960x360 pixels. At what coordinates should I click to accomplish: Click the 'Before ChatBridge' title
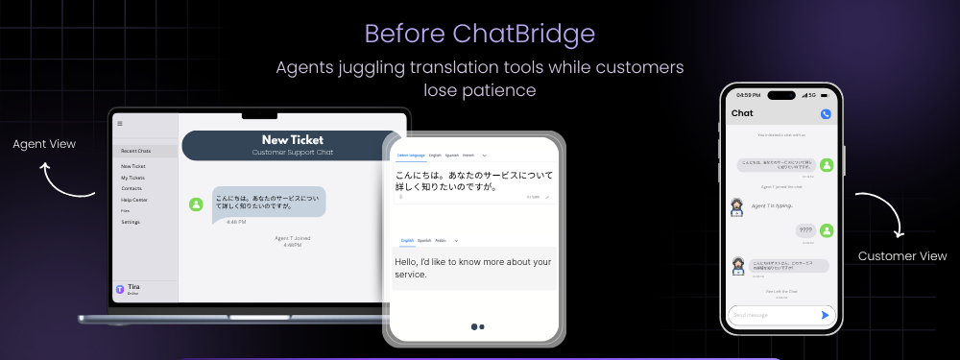click(x=479, y=34)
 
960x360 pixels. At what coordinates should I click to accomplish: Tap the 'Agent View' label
click(x=44, y=144)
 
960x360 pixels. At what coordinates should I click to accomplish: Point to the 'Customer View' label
click(x=902, y=256)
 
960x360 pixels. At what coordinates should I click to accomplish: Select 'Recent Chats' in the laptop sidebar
click(x=135, y=152)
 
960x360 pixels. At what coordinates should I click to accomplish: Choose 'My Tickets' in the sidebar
click(x=132, y=178)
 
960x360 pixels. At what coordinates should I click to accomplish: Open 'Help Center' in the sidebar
click(x=133, y=200)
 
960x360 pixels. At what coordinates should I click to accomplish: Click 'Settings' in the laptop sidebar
click(x=131, y=222)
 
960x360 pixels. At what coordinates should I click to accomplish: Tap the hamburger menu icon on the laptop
click(x=120, y=124)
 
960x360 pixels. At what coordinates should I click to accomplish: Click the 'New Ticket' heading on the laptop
click(x=292, y=140)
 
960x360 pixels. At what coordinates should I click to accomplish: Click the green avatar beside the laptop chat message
click(x=197, y=204)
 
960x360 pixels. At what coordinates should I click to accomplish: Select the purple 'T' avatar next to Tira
click(x=120, y=289)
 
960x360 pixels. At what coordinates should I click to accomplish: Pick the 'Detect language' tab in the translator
click(x=410, y=155)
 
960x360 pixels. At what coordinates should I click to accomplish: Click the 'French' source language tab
click(x=468, y=155)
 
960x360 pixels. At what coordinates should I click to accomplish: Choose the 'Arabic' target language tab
click(x=441, y=240)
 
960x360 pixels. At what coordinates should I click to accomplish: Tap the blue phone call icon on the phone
click(x=826, y=114)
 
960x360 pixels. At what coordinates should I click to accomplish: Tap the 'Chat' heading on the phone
click(x=742, y=113)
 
